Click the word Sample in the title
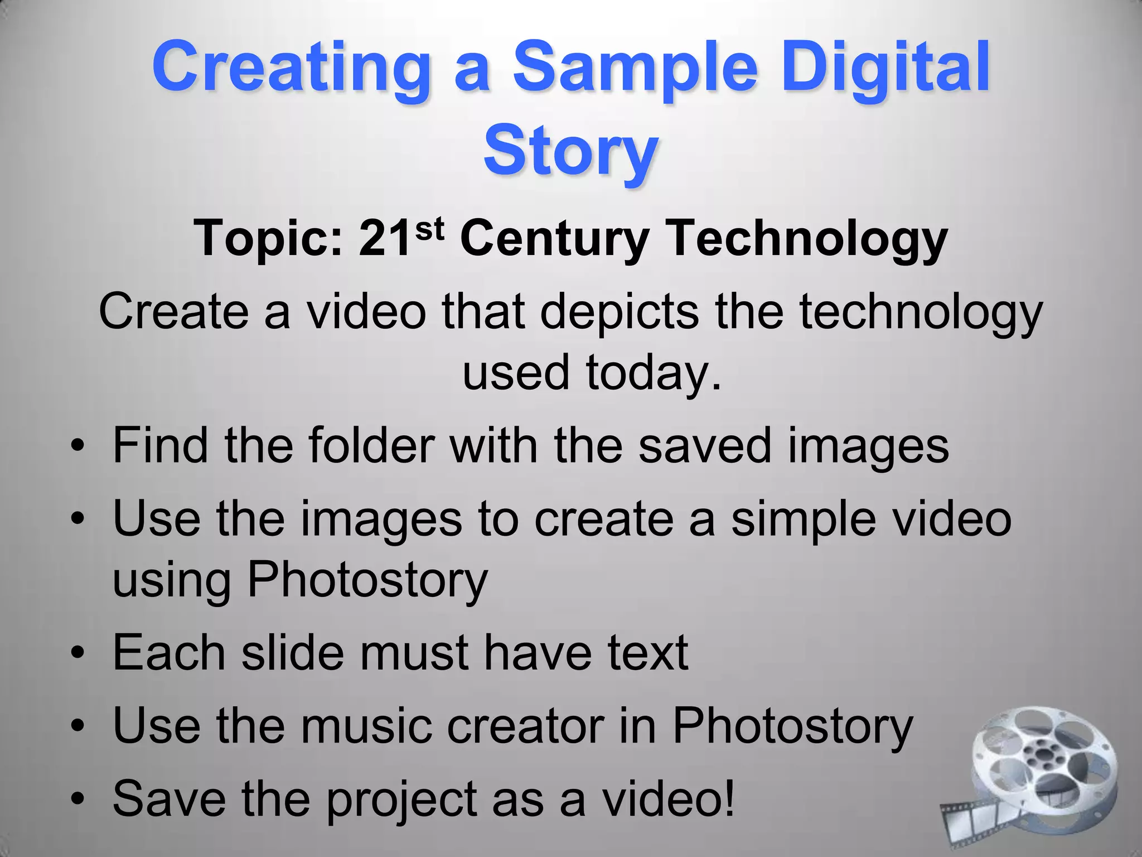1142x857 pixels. tap(635, 68)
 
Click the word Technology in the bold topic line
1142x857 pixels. tap(807, 239)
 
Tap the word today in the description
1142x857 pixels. tap(647, 373)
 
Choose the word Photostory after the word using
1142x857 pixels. tap(367, 580)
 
